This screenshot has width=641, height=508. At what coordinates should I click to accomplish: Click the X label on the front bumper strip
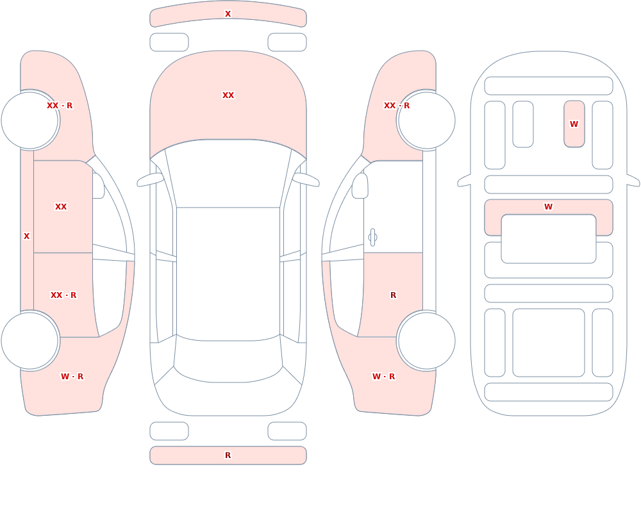tap(228, 14)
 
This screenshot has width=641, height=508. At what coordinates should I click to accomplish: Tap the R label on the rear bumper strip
tap(228, 455)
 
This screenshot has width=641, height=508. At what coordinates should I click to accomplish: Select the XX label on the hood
tap(228, 95)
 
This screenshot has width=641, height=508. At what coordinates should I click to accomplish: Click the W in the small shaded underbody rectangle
tap(574, 124)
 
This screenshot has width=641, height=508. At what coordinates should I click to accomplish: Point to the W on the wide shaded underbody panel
tap(549, 207)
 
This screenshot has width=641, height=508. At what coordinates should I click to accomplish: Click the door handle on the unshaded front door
tap(372, 238)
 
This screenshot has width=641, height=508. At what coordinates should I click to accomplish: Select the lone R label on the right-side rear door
tap(394, 295)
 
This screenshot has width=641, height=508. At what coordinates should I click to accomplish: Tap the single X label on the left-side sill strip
tap(26, 236)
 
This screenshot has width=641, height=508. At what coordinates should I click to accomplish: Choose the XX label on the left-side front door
tap(61, 207)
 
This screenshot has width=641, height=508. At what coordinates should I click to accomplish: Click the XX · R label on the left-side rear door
tap(63, 295)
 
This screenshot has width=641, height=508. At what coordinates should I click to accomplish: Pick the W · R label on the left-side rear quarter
tap(72, 377)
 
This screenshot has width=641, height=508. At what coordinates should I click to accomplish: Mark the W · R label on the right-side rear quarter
tap(383, 377)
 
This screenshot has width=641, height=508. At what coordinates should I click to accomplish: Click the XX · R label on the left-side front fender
tap(60, 106)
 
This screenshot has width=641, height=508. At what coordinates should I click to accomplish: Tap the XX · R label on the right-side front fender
tap(397, 106)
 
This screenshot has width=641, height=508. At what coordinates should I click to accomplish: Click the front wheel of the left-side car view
tap(30, 120)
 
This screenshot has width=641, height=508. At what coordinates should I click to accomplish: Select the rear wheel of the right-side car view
tap(426, 341)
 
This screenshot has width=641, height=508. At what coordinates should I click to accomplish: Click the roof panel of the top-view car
tap(228, 274)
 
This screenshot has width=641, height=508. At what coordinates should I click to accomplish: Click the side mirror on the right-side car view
tap(360, 186)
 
